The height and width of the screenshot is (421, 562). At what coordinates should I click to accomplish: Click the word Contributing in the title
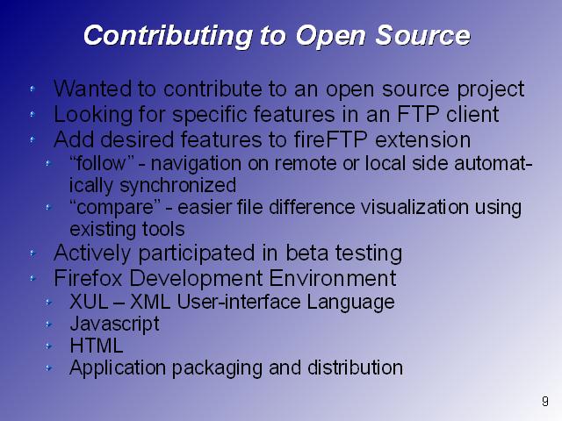coord(168,37)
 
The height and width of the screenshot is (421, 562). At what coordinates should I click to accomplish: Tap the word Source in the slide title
coord(422,35)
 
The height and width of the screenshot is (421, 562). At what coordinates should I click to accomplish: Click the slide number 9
coord(544,401)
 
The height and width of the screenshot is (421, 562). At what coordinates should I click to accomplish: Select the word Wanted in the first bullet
coord(92,89)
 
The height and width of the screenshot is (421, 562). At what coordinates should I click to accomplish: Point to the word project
coord(491,89)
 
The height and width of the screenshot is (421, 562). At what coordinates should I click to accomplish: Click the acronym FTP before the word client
coord(418,114)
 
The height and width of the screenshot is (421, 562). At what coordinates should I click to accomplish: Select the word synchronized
coord(177,186)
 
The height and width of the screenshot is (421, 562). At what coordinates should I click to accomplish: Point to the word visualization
coord(414,207)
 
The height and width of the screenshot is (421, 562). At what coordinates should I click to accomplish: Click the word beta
coord(307,253)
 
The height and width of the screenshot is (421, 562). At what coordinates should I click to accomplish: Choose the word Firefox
coord(88,278)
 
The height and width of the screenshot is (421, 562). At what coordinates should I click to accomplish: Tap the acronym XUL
coord(89,302)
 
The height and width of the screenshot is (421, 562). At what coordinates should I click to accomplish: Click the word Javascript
coord(115,325)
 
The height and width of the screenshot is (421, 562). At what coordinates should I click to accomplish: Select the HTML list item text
coord(97,346)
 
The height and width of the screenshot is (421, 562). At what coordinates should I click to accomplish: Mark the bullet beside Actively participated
coord(33,253)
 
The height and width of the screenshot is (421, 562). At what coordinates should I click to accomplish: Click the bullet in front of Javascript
coord(49,324)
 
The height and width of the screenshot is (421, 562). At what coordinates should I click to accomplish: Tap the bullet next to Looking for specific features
coord(33,114)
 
